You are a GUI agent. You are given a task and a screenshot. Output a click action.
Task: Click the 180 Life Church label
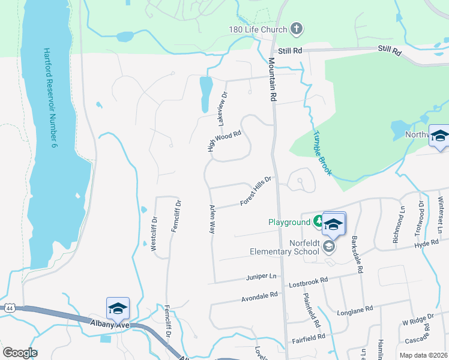(257, 29)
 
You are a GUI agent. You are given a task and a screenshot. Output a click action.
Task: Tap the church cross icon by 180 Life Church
(295, 28)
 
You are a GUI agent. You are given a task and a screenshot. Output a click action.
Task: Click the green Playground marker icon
(316, 221)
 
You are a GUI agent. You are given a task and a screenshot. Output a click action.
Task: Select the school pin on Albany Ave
(118, 308)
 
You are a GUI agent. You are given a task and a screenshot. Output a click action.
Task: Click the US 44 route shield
(9, 308)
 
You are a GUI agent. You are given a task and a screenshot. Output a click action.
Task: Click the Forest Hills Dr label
(256, 191)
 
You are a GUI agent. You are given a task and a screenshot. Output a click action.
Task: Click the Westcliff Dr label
(154, 228)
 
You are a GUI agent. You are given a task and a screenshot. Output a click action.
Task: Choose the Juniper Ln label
(261, 277)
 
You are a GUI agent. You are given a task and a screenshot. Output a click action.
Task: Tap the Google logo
(20, 353)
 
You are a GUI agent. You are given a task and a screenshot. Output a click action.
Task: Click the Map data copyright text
(423, 355)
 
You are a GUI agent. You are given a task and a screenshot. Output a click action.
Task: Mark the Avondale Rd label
(259, 296)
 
